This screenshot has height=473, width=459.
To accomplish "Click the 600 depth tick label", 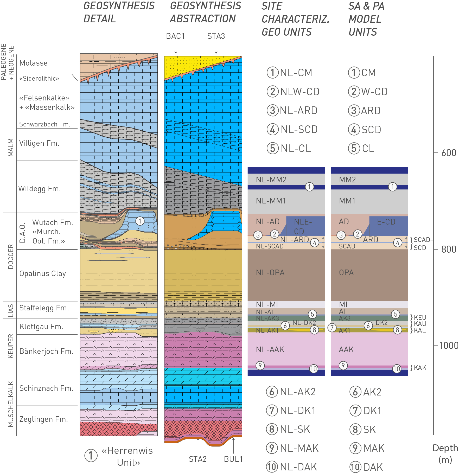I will [449, 153].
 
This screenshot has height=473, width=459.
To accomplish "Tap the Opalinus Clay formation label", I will [43, 273].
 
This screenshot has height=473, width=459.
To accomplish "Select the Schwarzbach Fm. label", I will [45, 124].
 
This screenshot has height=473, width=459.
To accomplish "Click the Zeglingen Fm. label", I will [43, 419].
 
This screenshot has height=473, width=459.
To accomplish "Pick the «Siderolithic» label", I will [39, 79].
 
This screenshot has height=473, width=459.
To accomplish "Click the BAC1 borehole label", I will [175, 36].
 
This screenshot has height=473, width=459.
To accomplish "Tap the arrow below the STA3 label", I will [216, 48].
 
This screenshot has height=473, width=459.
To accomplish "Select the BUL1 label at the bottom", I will [233, 459].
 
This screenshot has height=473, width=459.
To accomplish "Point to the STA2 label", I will [198, 459].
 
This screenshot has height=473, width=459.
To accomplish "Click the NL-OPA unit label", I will [270, 273].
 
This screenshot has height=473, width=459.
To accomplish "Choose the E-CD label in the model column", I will [386, 222].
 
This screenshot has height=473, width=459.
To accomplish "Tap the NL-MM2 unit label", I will [271, 180].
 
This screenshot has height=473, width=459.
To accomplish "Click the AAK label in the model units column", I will [346, 350].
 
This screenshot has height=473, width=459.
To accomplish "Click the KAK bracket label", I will [419, 368].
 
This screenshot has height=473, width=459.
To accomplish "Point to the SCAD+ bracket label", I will [423, 240].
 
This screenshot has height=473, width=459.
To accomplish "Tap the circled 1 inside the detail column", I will [140, 221].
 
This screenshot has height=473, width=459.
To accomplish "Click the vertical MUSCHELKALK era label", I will [11, 404].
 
